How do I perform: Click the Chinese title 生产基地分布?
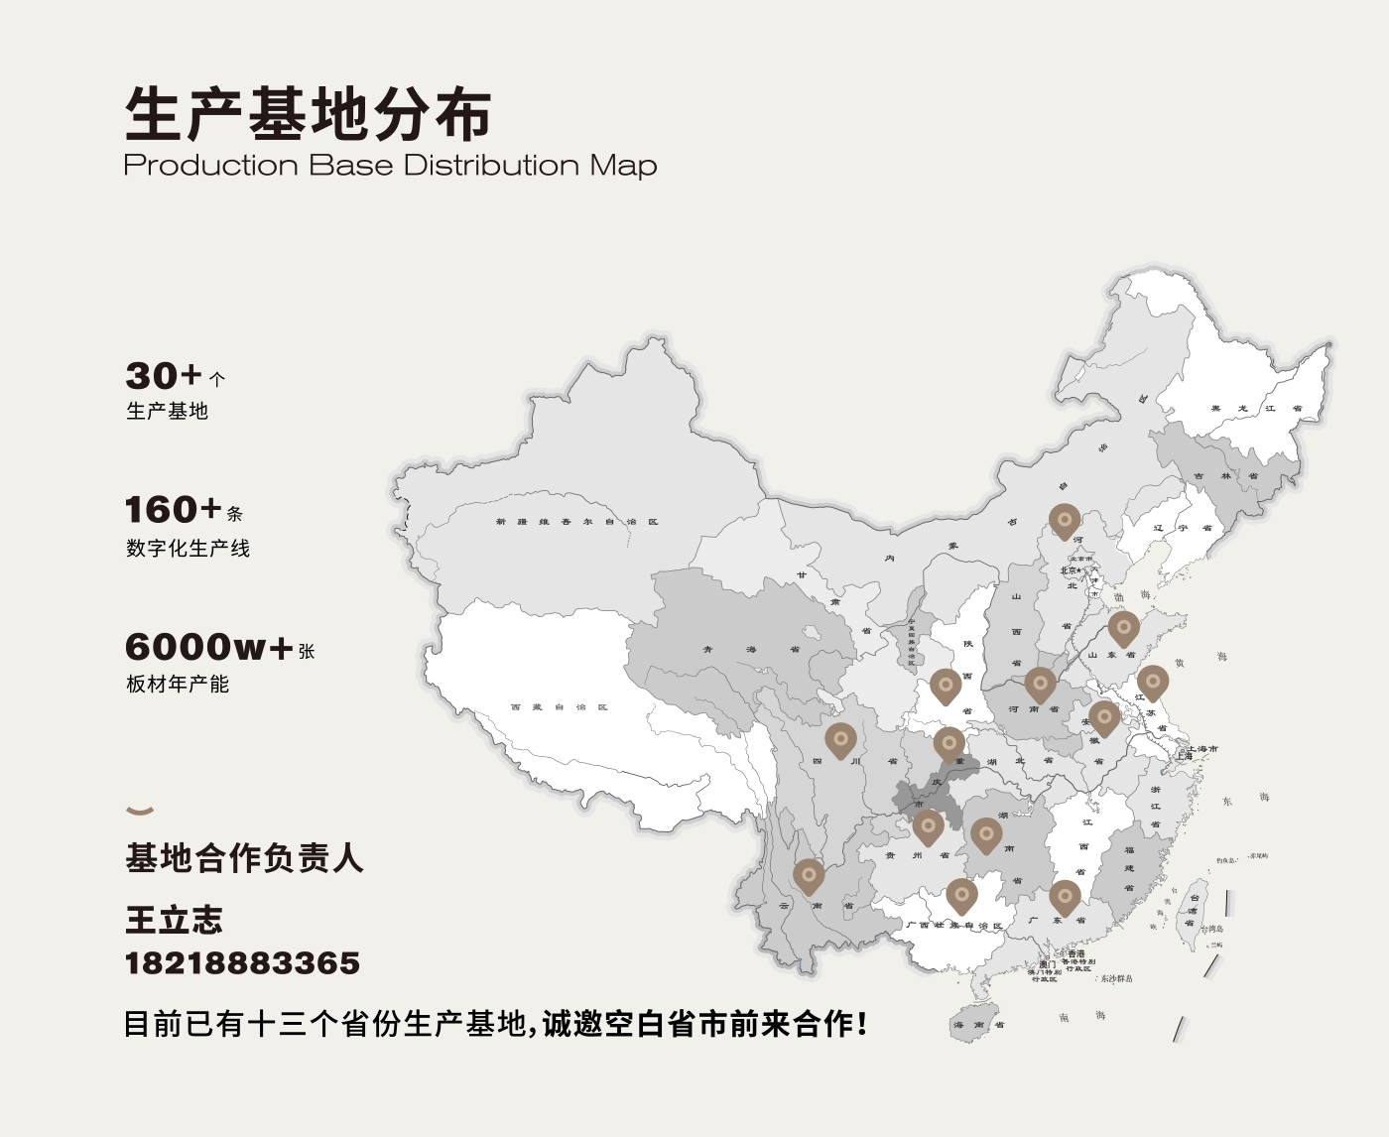tap(308, 114)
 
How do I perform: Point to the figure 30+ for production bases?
tap(164, 376)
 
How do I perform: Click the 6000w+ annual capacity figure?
tap(208, 647)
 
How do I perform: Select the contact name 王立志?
tap(174, 920)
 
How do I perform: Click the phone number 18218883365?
tap(242, 963)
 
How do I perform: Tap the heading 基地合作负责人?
tap(244, 857)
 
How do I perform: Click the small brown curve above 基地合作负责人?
tap(140, 811)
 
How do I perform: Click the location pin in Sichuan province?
tap(840, 739)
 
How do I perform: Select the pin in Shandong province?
tap(1123, 627)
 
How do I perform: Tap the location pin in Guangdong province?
tap(1065, 896)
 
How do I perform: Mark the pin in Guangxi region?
tap(961, 895)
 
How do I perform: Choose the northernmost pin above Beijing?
tap(1065, 519)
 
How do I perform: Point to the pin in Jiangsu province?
tap(1152, 682)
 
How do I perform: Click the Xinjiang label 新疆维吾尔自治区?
tap(576, 522)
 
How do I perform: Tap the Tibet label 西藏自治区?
tap(559, 707)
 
